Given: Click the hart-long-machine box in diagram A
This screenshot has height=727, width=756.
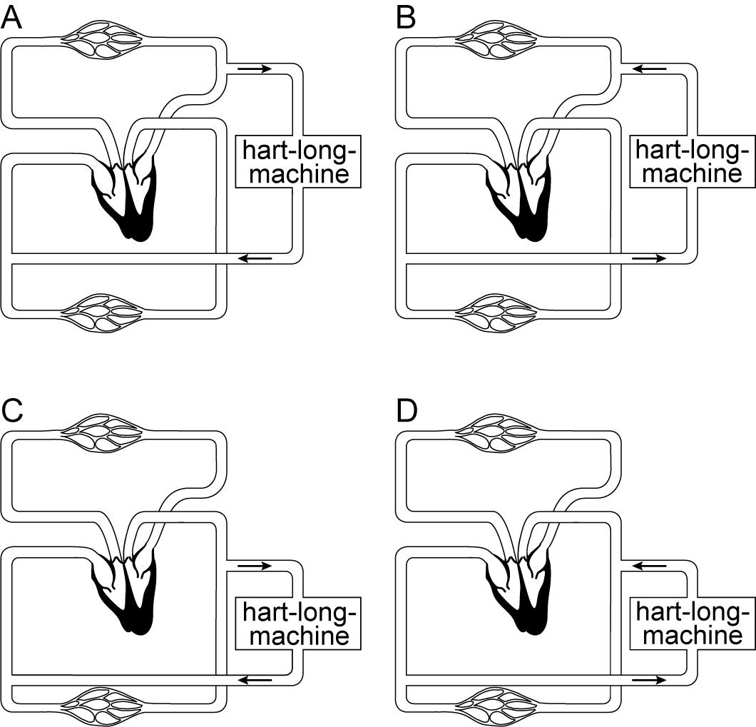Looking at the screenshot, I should pyautogui.click(x=297, y=162).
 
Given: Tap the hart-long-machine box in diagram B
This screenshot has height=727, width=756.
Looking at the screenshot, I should pyautogui.click(x=691, y=162).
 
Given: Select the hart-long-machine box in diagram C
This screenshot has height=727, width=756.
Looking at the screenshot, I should pyautogui.click(x=297, y=623).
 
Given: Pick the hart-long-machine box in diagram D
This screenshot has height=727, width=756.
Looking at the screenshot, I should pyautogui.click(x=691, y=623).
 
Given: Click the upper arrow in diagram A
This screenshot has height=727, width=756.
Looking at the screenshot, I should pyautogui.click(x=255, y=68).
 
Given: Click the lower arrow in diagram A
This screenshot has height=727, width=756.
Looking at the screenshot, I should pyautogui.click(x=255, y=258).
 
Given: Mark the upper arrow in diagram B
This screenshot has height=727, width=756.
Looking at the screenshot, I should pyautogui.click(x=649, y=68).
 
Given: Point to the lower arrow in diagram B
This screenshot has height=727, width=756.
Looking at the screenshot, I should pyautogui.click(x=649, y=258).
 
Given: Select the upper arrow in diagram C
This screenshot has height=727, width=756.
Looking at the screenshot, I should pyautogui.click(x=255, y=566).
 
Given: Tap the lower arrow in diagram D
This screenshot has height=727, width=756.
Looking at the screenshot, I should pyautogui.click(x=649, y=680).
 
